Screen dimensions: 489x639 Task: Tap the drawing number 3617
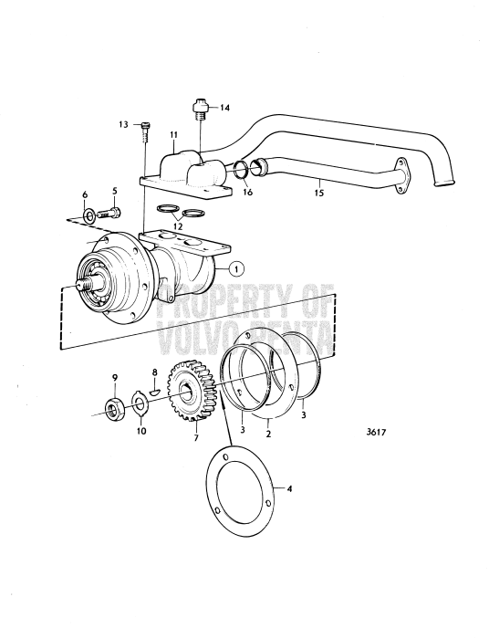(x=375, y=432)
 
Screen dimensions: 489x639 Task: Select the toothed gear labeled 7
(x=192, y=390)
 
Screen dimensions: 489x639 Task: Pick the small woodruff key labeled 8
(x=155, y=392)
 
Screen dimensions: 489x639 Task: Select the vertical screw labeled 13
(x=146, y=131)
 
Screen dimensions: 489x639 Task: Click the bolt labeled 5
(x=109, y=213)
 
